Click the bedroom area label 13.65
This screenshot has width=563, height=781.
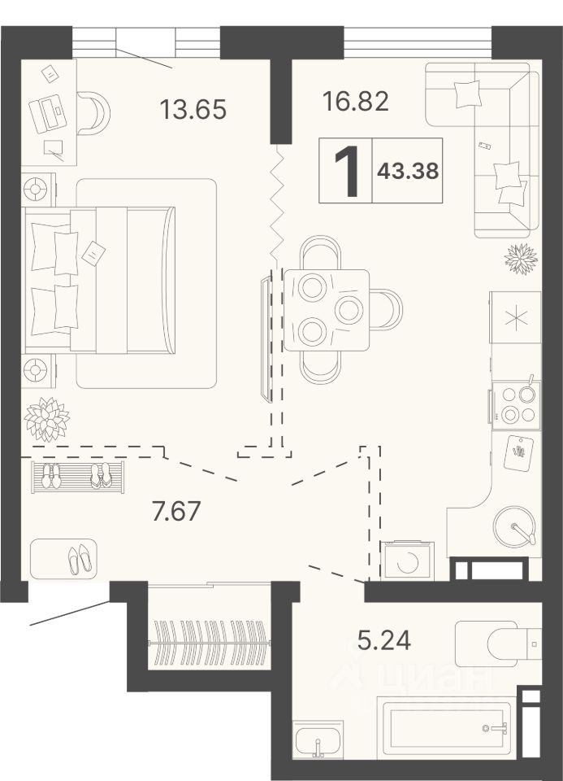click(193, 109)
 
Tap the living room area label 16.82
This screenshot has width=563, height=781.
click(356, 101)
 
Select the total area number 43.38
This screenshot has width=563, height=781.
click(408, 172)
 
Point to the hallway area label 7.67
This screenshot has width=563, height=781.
click(177, 511)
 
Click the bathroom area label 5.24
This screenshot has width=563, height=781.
click(384, 640)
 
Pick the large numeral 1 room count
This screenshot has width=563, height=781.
click(347, 171)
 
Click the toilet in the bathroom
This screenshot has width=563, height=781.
click(498, 644)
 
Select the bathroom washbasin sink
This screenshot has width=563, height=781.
click(318, 740)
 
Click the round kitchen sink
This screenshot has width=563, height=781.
click(514, 526)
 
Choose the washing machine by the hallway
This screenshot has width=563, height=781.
click(408, 561)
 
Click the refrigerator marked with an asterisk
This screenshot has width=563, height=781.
click(515, 317)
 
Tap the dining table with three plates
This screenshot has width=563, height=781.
click(327, 310)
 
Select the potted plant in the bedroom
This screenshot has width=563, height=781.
click(47, 418)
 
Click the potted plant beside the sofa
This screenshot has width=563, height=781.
click(521, 259)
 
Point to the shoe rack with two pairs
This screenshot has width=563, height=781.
click(78, 478)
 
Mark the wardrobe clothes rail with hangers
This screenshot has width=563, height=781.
click(210, 643)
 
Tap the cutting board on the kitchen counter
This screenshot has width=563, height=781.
click(519, 453)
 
